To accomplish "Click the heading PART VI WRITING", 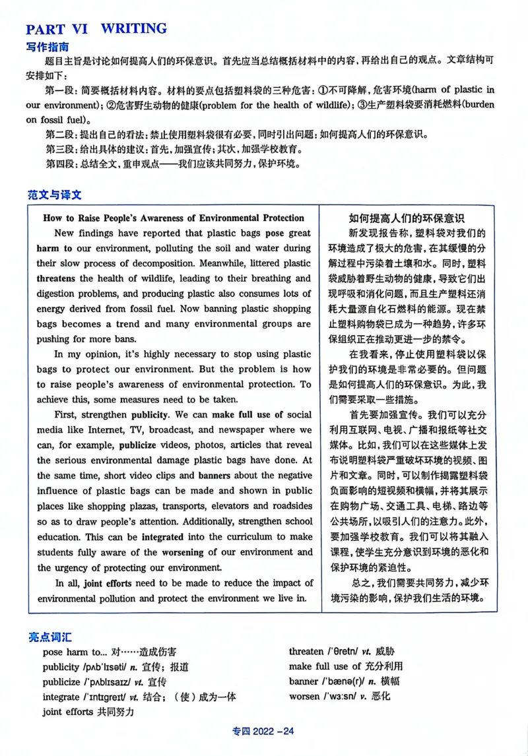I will click(x=96, y=28).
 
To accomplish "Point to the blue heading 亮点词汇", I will click(x=50, y=637).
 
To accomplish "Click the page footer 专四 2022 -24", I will click(x=263, y=731).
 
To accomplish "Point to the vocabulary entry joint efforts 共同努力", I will click(x=88, y=712).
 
